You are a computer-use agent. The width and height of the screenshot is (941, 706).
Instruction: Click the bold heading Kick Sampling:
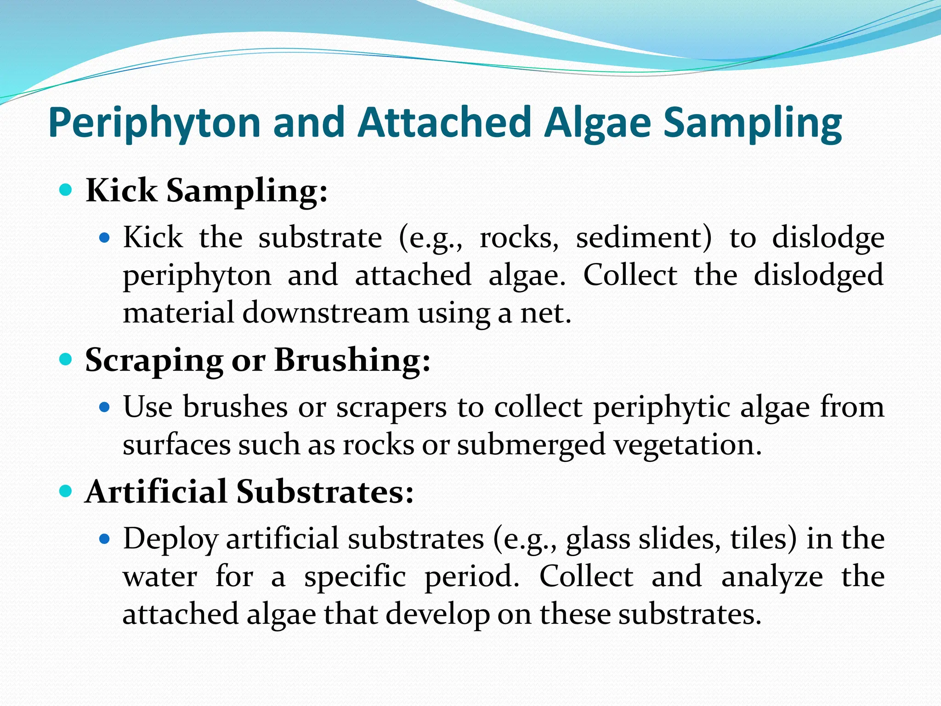(207, 191)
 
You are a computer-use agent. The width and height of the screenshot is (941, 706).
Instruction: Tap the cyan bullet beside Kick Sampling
(66, 189)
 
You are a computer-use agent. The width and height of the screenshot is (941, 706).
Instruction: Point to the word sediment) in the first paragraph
(643, 238)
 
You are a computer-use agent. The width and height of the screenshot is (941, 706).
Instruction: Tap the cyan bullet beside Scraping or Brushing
(66, 359)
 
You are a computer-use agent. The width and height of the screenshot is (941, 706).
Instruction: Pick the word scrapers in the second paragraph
(391, 408)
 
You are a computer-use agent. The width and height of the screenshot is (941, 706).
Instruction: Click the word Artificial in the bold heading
(156, 492)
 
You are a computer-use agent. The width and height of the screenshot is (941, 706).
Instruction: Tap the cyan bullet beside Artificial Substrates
(66, 491)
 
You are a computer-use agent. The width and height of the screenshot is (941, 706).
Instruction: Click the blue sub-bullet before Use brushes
(105, 407)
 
